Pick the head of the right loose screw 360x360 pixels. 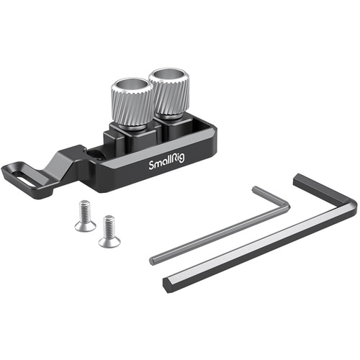click(x=109, y=240)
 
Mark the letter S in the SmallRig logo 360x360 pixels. click(x=151, y=166)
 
